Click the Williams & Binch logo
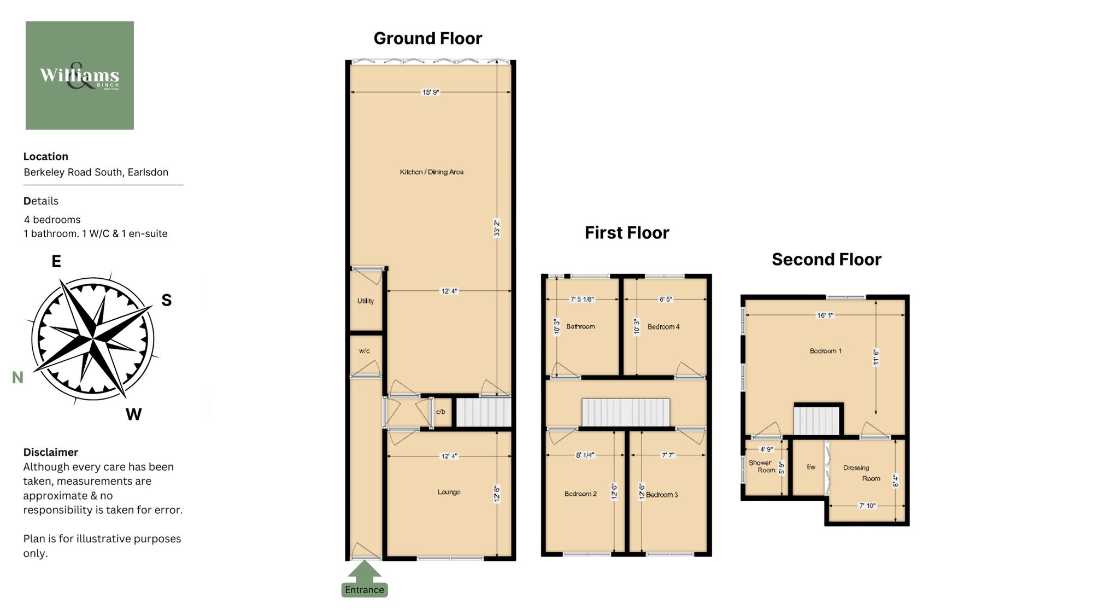pos(79,75)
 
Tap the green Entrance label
pos(365,590)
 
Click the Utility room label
pos(366,301)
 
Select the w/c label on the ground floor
pos(365,351)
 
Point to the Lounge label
pos(449,492)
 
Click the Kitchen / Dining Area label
pos(431,172)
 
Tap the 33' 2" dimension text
pos(497,228)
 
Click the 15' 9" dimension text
pos(431,92)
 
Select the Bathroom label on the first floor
pos(580,326)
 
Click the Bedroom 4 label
pos(663,327)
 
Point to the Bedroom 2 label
pos(580,494)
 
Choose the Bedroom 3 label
pos(662,495)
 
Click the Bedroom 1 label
pos(825,351)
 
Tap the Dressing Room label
pos(862,473)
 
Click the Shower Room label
pos(761,466)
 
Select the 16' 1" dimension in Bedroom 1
pos(825,315)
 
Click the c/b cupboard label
pos(440,412)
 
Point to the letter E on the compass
pos(56,261)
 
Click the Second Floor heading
pos(826,259)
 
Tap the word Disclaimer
pos(50,452)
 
